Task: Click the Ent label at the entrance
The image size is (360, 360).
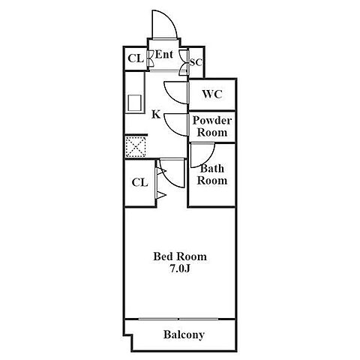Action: (164, 55)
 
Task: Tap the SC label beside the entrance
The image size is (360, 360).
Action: (196, 62)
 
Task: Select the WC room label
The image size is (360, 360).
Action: (212, 94)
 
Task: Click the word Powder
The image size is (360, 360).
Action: (212, 121)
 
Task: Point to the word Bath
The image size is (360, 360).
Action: (212, 169)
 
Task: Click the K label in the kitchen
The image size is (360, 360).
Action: (156, 115)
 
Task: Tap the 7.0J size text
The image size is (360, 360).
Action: (180, 268)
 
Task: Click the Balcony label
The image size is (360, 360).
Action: (184, 334)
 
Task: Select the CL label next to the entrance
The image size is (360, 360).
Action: (136, 58)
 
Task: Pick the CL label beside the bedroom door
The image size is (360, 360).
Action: (139, 182)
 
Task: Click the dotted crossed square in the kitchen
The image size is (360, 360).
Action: (135, 147)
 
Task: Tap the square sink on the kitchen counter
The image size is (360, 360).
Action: (135, 103)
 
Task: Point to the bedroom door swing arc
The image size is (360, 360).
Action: (166, 179)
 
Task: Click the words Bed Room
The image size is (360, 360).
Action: (180, 256)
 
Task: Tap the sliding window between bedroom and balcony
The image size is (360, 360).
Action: (178, 319)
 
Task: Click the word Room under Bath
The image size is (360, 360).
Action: (212, 181)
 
